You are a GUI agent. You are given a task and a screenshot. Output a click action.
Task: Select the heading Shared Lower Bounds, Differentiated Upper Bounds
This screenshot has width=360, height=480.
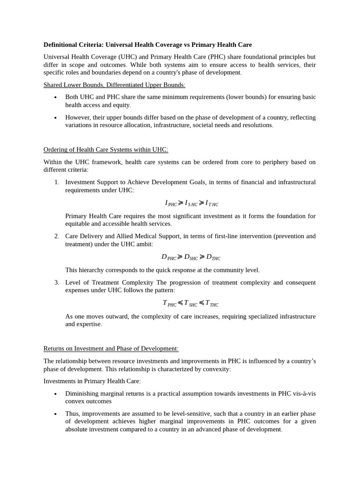point(114,85)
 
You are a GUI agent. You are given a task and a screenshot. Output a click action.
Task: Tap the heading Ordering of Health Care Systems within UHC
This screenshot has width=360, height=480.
point(105,150)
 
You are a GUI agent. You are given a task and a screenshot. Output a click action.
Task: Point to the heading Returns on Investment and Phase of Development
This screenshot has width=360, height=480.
point(111,349)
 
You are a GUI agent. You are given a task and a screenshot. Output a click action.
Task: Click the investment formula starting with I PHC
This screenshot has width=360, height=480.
point(191,203)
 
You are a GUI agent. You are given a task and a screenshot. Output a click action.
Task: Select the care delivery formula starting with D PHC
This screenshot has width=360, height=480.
point(191,257)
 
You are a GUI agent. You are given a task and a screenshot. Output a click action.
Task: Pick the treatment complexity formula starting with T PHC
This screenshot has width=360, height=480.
point(190,303)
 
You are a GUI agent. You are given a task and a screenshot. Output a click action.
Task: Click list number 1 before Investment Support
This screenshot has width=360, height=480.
point(56,182)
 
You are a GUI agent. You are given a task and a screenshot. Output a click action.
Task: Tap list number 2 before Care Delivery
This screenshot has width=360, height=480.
point(56,236)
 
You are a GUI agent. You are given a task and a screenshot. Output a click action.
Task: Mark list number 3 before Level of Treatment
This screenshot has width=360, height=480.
point(56,282)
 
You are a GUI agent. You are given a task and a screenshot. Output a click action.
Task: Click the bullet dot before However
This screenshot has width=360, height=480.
point(55,118)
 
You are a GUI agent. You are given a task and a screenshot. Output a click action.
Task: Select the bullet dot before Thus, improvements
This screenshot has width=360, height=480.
point(55,414)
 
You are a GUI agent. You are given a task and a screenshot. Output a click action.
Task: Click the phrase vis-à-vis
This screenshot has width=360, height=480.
point(304,393)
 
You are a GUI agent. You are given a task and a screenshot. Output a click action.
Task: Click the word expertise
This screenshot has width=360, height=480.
point(89,324)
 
